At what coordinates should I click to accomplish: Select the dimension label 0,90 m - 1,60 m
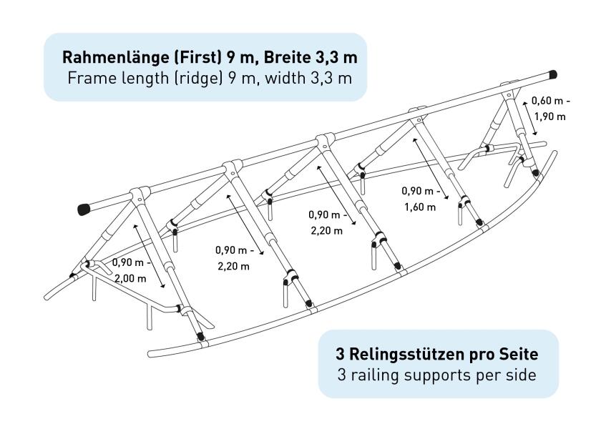point(421,199)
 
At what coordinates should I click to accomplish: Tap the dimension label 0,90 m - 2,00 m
point(131,270)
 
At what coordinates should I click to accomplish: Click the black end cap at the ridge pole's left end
point(84,209)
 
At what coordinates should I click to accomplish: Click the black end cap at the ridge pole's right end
point(552,74)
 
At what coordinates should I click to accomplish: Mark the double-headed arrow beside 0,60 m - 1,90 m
point(529,119)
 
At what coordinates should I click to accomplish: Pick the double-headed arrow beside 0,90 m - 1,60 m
point(431,169)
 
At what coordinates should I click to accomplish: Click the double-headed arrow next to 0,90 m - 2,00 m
point(149,256)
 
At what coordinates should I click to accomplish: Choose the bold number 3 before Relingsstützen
point(340,355)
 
